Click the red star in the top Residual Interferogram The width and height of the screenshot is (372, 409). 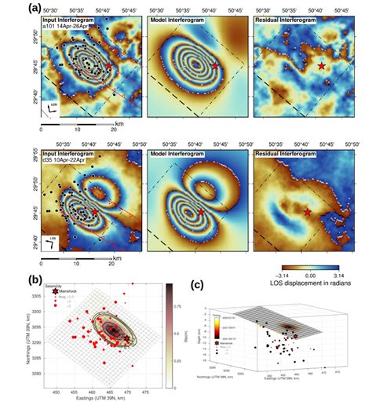(322, 68)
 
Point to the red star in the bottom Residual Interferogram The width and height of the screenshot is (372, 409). (307, 213)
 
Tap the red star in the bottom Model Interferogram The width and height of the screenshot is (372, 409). (201, 213)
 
